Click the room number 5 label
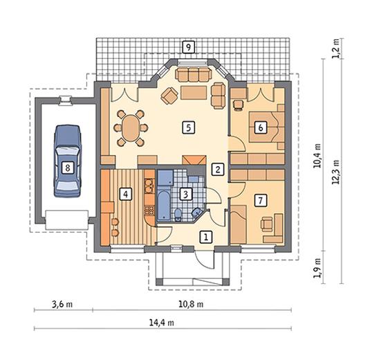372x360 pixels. pos(189,127)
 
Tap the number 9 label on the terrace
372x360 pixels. pos(189,47)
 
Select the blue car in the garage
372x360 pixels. pos(68,161)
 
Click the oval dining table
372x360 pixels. pos(131,128)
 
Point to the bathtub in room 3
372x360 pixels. pos(164,205)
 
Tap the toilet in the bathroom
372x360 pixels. pos(178,215)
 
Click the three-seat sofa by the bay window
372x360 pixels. pos(194,74)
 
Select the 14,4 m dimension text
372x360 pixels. pos(162,323)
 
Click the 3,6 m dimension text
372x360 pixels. pos(62,304)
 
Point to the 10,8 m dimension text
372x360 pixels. pos(191,304)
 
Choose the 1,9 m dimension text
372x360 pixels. pos(317,268)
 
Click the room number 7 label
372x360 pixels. pos(261,200)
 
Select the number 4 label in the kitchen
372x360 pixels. pos(126,195)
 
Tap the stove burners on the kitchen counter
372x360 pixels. pos(149,210)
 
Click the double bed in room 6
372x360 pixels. pos(267,127)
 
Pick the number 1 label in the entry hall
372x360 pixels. pos(206,237)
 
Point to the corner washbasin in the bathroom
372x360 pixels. pos(196,213)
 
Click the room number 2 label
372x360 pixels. pos(218,169)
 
